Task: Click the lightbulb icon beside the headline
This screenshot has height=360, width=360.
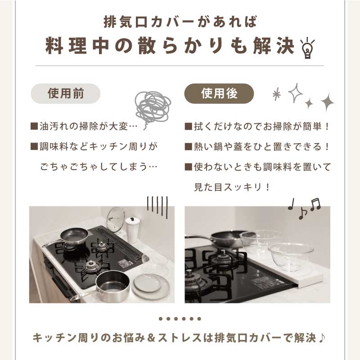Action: (x=307, y=49)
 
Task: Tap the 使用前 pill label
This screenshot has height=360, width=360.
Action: (x=66, y=94)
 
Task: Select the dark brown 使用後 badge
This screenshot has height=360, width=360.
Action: (x=219, y=94)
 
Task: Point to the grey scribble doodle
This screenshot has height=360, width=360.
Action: (x=153, y=108)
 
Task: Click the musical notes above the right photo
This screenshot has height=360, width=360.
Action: (x=305, y=208)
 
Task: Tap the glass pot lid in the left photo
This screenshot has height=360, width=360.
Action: (x=116, y=219)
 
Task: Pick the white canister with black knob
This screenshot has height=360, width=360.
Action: (x=132, y=229)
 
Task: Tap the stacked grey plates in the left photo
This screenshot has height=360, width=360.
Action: (x=150, y=285)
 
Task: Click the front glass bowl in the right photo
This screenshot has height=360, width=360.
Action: (x=291, y=256)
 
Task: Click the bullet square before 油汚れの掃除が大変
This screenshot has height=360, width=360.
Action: (x=34, y=126)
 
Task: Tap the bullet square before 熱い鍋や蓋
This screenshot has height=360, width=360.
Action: (x=188, y=147)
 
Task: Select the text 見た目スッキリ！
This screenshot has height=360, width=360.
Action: (x=232, y=187)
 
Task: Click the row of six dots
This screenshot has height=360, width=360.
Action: (x=180, y=319)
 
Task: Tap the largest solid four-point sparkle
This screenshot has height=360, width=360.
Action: (x=328, y=102)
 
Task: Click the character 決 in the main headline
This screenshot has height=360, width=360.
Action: (x=286, y=46)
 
